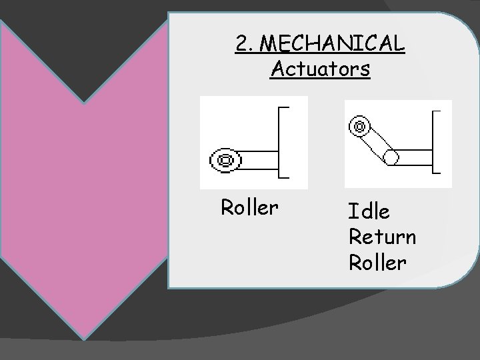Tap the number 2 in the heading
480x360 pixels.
(x=242, y=43)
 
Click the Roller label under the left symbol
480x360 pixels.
(x=249, y=207)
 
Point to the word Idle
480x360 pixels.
(x=369, y=212)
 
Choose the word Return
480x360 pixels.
(x=382, y=237)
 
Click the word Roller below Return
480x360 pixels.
(x=377, y=262)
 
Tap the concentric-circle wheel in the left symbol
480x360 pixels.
(x=225, y=160)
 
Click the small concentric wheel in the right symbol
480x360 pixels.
(x=359, y=125)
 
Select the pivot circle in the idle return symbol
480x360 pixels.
(x=391, y=157)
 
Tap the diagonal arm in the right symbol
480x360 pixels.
(x=375, y=141)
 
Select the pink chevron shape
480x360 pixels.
(x=83, y=193)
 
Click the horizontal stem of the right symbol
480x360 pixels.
(x=414, y=157)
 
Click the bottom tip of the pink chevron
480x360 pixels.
(x=83, y=336)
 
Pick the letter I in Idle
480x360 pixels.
(x=352, y=212)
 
